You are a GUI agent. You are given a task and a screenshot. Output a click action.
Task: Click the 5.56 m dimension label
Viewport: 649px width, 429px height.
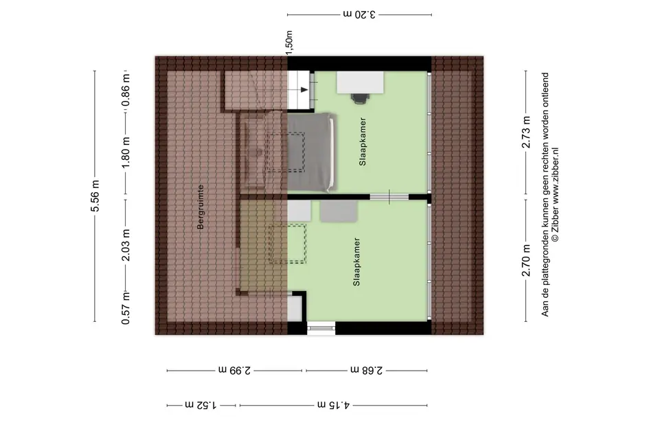[95, 196]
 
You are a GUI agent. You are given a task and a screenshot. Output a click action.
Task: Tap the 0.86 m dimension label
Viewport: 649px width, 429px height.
[126, 89]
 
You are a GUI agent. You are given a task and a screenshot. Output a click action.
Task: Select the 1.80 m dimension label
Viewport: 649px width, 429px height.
[126, 152]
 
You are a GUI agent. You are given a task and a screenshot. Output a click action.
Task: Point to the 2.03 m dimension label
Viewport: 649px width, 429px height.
[126, 245]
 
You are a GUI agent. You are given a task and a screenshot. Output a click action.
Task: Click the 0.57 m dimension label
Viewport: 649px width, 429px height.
[126, 308]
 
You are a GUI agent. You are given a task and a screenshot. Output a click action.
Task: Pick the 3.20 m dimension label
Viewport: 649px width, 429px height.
[359, 14]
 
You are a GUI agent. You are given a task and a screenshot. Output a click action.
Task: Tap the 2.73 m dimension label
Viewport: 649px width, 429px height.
[526, 132]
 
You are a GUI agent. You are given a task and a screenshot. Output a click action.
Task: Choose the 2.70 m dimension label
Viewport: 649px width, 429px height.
[526, 261]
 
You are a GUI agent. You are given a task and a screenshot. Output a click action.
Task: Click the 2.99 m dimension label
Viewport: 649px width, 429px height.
[235, 370]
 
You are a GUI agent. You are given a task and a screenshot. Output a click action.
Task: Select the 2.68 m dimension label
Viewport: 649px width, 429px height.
[367, 370]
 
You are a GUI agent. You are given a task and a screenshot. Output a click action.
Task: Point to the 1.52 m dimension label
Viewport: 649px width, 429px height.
[201, 404]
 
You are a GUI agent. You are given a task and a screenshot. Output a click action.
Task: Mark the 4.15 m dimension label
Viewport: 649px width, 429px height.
[334, 404]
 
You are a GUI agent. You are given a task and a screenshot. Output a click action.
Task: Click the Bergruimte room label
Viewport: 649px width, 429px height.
[201, 207]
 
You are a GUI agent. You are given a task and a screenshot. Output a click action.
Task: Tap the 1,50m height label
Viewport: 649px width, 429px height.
[289, 41]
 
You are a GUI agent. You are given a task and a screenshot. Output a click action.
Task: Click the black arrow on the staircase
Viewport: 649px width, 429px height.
[304, 90]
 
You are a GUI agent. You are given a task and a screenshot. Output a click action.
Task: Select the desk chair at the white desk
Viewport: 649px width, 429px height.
[360, 97]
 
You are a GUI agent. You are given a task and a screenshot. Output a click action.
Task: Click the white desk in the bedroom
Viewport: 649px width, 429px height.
[360, 82]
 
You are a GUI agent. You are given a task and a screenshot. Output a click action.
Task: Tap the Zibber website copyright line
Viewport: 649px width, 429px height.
[556, 194]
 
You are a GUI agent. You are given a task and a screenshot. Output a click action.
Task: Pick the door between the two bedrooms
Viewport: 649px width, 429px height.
[389, 197]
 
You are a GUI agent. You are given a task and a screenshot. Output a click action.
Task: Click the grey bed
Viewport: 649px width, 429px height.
[312, 152]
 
